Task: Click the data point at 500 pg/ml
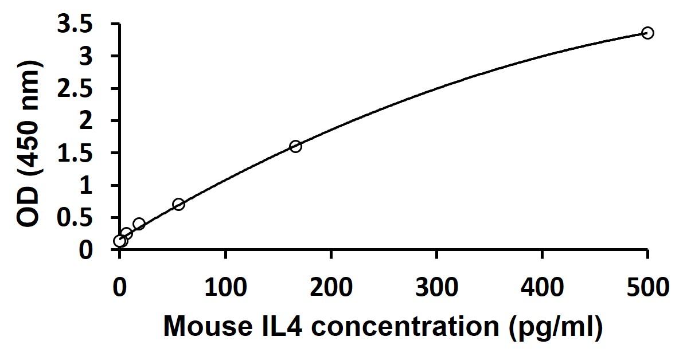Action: click(x=647, y=33)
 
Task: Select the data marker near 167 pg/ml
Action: click(x=295, y=146)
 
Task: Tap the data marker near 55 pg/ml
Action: click(x=178, y=204)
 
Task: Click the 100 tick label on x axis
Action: click(x=225, y=285)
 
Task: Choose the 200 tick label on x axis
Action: click(x=331, y=285)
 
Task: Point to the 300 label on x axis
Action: click(x=437, y=285)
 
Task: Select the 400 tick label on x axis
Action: click(x=543, y=285)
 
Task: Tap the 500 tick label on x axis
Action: click(x=648, y=285)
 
